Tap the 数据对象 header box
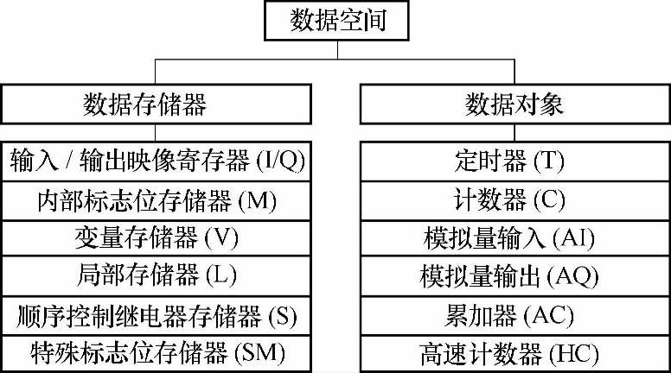point(514,104)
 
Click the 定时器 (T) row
point(514,161)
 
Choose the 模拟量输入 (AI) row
point(514,238)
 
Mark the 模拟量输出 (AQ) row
point(514,276)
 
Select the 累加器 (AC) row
point(514,315)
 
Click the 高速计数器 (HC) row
point(514,353)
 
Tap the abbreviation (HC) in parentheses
point(572,353)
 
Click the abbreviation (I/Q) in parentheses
point(281,161)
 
